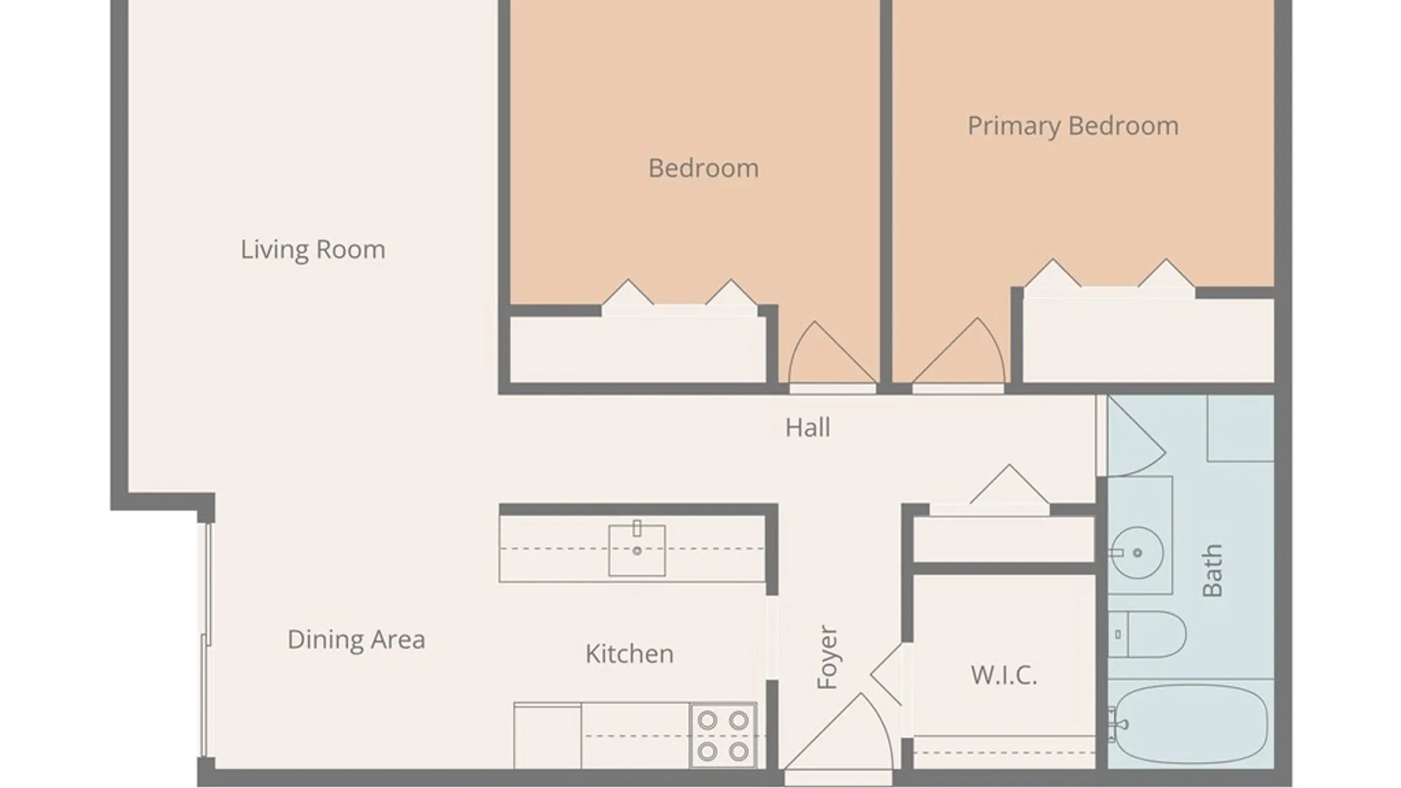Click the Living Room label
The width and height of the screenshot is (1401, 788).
(313, 250)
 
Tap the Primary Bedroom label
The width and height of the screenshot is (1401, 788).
(1073, 126)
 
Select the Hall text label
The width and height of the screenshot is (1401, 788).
(808, 428)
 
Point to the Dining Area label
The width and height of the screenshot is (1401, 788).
(356, 640)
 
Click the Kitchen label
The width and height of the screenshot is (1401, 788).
(629, 654)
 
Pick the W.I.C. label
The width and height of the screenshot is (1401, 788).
(1003, 676)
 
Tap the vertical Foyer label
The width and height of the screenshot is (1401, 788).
(827, 657)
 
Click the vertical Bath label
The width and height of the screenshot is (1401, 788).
(1211, 570)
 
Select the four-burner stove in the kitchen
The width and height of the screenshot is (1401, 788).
(723, 735)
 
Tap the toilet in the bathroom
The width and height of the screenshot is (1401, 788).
(1147, 634)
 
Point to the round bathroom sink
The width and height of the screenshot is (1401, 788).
(1138, 552)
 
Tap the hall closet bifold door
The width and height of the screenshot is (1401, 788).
(1009, 484)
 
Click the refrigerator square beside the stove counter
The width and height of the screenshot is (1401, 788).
(547, 735)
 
